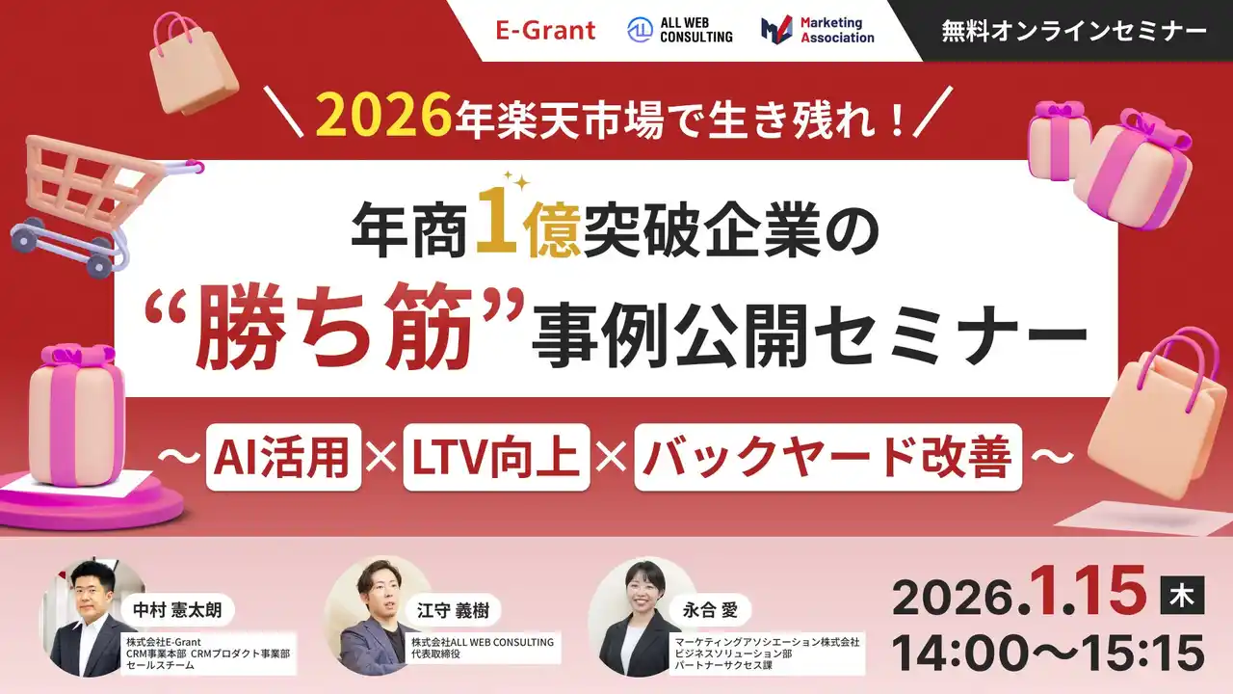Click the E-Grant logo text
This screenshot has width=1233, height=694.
point(545,30)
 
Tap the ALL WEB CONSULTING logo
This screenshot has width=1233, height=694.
point(680,30)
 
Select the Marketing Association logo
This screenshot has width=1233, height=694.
point(817,30)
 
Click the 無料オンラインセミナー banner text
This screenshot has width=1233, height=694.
point(1075,31)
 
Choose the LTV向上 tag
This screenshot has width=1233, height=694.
point(496,457)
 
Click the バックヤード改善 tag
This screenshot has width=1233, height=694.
point(827,457)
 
